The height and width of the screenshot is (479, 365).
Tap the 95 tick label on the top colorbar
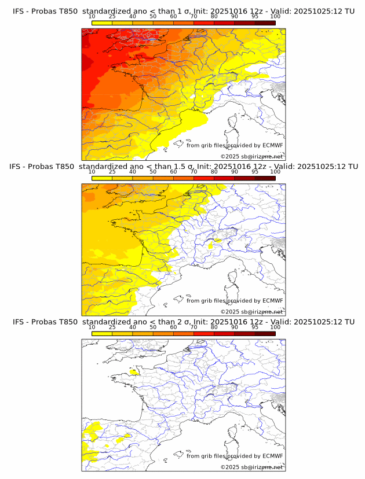255,17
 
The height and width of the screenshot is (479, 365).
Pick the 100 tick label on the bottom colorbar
275,327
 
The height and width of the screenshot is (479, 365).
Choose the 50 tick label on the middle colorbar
153,172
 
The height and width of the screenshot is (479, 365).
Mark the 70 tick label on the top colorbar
194,17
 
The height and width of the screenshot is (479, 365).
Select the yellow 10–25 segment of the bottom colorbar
101,334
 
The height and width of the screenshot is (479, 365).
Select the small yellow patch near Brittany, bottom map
134,373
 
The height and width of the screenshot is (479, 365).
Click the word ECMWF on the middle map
272,301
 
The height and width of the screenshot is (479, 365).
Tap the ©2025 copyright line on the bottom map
251,467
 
